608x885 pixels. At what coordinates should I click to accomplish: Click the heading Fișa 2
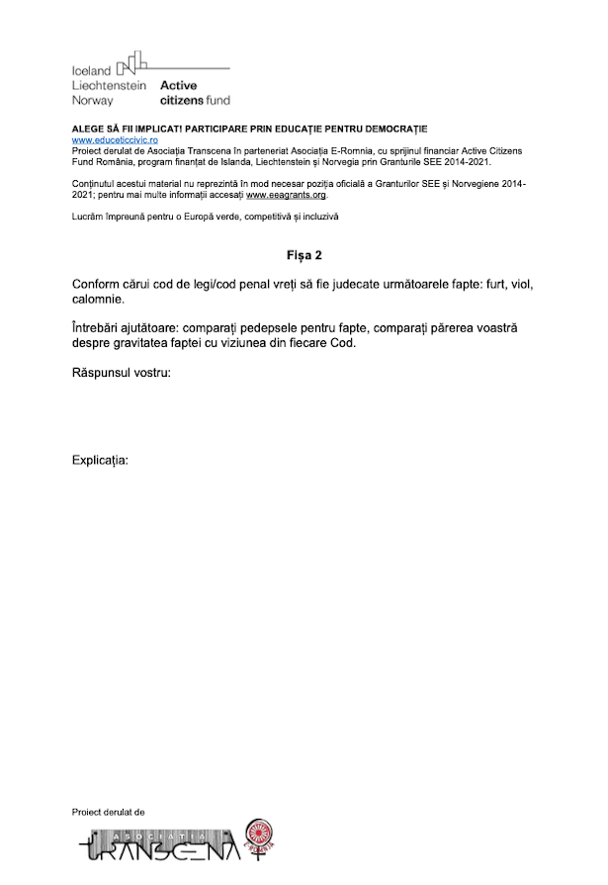[304, 255]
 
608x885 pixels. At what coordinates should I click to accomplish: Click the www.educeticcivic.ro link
[115, 140]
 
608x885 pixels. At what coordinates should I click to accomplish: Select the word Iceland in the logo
[92, 72]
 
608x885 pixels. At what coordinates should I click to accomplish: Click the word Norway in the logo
[93, 100]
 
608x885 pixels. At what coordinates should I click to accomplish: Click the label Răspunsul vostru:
[122, 373]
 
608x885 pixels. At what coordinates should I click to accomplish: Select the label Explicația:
[101, 461]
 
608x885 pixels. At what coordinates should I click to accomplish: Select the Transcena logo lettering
[158, 846]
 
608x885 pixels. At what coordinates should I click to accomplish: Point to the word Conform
[100, 284]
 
